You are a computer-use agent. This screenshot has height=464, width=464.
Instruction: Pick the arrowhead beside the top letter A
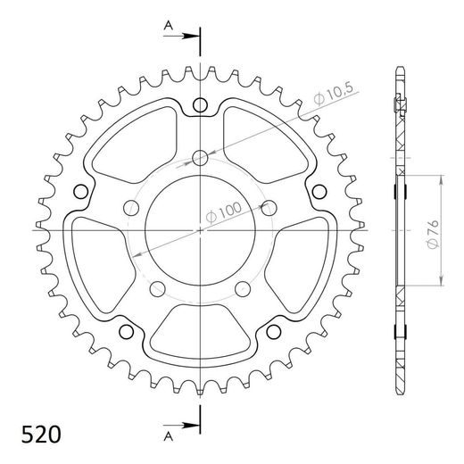(192, 36)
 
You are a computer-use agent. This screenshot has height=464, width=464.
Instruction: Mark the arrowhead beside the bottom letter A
(192, 423)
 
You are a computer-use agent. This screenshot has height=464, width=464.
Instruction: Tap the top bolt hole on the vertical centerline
(200, 157)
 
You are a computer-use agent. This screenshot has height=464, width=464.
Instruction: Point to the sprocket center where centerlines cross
(200, 229)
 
